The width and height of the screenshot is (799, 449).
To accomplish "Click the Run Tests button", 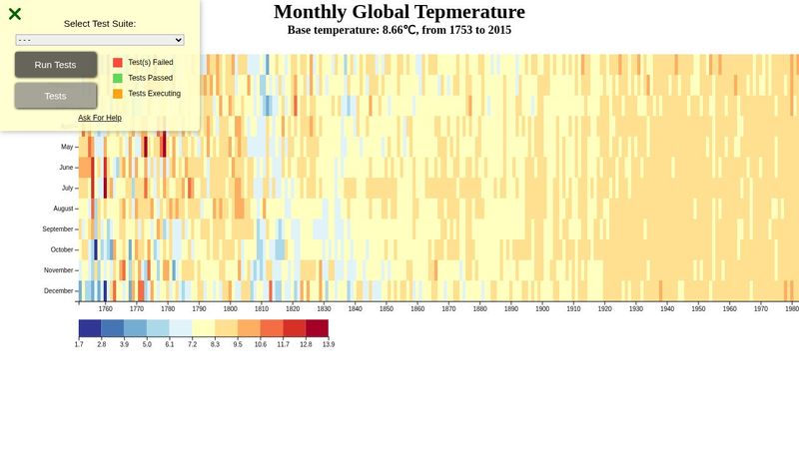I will [x=56, y=65].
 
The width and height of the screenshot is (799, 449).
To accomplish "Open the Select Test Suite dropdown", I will [x=100, y=40].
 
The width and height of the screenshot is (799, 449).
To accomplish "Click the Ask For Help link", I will [x=100, y=118].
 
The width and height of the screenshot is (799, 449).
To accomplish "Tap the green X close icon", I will [x=15, y=14].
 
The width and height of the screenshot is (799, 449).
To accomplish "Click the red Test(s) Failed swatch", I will [x=118, y=62].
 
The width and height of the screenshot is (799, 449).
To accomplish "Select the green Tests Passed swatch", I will [x=118, y=78].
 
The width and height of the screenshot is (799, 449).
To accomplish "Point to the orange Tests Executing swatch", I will [x=118, y=94].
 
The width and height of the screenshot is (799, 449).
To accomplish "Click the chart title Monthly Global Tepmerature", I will [x=399, y=12].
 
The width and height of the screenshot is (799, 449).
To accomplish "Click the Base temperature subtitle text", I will [x=399, y=30].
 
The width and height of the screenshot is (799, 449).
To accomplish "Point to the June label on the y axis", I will [x=67, y=168].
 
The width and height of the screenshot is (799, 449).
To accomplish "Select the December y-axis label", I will [x=58, y=291].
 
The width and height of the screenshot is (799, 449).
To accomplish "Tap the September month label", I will [x=57, y=229].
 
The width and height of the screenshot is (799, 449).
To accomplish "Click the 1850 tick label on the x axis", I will [x=386, y=309].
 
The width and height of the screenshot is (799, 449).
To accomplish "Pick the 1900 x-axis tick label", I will [x=542, y=309].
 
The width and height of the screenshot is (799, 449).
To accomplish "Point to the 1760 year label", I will [x=105, y=309].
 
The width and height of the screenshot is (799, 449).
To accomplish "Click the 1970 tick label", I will [x=761, y=309].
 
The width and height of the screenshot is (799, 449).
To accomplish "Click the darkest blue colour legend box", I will [x=90, y=328].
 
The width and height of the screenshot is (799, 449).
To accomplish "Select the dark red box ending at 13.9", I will [x=317, y=328].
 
